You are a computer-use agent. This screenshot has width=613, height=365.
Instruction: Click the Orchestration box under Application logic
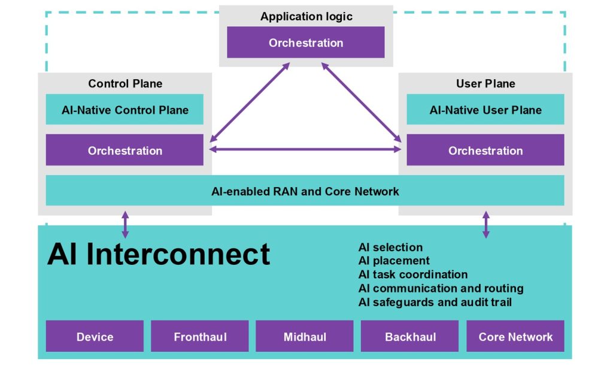(306, 42)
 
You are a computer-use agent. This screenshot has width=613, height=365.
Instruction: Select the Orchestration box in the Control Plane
(125, 150)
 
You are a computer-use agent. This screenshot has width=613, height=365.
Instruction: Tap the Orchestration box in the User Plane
(485, 150)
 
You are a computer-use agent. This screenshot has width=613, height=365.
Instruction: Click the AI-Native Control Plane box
(125, 110)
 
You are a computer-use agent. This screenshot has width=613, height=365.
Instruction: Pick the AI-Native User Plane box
(485, 110)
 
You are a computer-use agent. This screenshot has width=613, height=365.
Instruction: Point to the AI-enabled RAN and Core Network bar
(305, 191)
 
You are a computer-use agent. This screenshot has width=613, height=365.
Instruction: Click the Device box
(95, 336)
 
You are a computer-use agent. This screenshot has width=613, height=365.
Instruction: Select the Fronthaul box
(200, 336)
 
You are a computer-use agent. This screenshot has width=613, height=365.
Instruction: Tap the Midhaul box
(305, 336)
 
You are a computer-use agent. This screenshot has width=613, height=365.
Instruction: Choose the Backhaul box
(409, 336)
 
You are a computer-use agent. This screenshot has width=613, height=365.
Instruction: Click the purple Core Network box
(515, 336)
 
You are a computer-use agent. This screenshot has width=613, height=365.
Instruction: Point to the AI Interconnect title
(158, 254)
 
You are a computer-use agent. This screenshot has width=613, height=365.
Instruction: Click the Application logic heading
(306, 16)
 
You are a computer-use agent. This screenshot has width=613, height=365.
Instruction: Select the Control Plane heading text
(125, 83)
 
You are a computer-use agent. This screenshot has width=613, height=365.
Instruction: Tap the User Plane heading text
(485, 83)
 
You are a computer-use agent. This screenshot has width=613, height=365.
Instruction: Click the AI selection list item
(390, 248)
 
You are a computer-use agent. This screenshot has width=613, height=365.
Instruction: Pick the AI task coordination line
(413, 274)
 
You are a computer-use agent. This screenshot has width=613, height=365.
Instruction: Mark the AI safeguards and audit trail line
(435, 302)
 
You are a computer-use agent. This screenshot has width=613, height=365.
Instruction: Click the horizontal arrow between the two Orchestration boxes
(305, 149)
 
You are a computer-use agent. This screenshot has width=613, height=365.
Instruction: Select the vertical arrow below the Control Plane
(125, 225)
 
